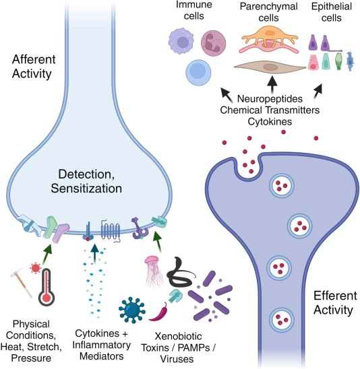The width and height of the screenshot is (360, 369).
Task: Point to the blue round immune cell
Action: tap(199, 71)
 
